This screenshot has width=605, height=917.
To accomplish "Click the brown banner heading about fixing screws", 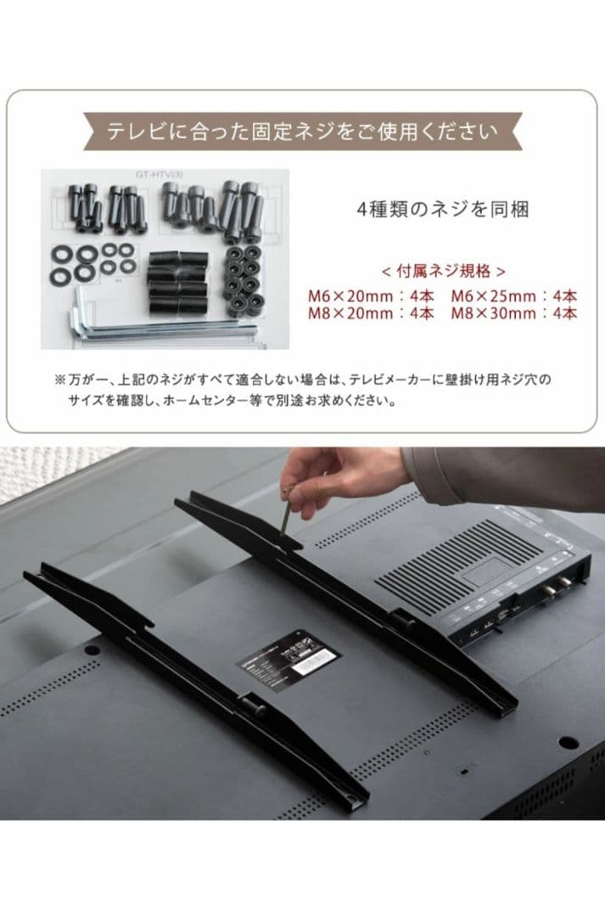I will coord(302,132).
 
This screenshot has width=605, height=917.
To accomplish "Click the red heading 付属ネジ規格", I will coord(443,272).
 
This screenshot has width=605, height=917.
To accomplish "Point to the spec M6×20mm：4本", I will coord(370,296).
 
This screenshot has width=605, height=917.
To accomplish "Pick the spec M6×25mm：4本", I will coord(513,296).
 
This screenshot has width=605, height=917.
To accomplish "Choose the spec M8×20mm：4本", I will coord(370,313).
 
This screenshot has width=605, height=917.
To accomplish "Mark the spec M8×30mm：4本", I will coord(513,313).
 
